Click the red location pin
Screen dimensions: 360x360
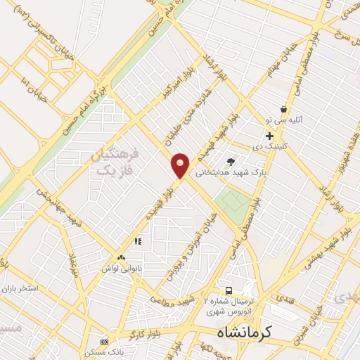[181, 165]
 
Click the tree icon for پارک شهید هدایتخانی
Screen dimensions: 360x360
[231, 162]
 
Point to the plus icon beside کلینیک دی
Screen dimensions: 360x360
[269, 136]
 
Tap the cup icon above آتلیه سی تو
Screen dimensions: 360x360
[283, 110]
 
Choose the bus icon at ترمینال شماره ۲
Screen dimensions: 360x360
[229, 290]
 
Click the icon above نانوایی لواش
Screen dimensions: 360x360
[122, 259]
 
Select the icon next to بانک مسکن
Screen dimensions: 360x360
[105, 341]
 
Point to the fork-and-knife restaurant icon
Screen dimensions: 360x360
[138, 241]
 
